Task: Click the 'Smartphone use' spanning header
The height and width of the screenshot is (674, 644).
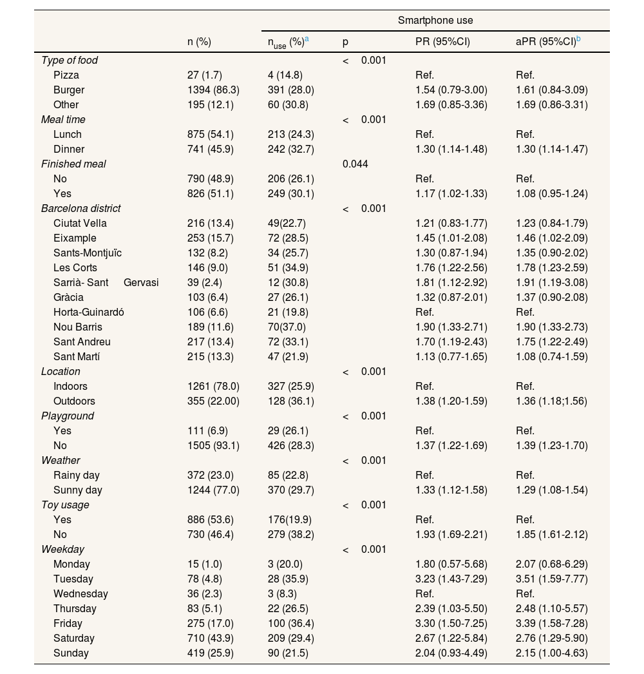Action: [435, 21]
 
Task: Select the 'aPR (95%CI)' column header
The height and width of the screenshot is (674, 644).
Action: [547, 42]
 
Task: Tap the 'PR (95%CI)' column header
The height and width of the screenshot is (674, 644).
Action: [442, 42]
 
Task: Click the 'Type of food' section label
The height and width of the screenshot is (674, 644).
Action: [69, 61]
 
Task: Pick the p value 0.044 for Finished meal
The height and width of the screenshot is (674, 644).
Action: [355, 164]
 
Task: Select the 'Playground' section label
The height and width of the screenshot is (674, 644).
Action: [68, 416]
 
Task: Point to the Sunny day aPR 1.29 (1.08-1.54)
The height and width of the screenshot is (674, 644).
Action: [552, 490]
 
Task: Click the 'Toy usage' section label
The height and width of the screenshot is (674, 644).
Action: [65, 505]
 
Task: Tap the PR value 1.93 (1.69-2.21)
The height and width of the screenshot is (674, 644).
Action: [451, 535]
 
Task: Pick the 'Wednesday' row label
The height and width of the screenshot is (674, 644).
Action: [80, 594]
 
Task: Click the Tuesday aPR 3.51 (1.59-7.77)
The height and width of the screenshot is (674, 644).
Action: [552, 579]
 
